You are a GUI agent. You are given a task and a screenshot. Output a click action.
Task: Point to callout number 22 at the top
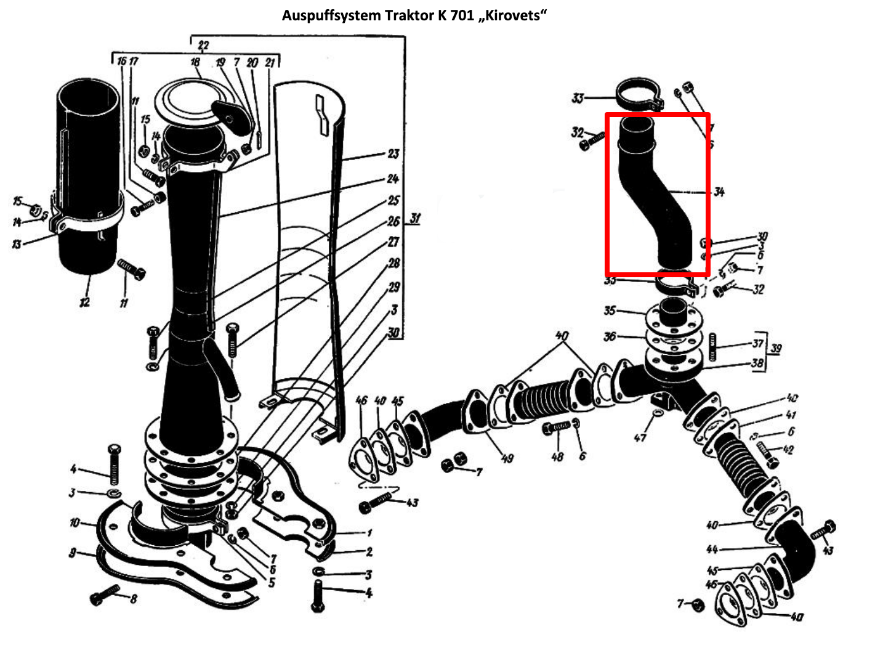(203, 45)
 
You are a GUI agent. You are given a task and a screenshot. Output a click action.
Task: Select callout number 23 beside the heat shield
(393, 153)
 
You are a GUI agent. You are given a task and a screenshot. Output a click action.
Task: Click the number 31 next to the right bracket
(416, 219)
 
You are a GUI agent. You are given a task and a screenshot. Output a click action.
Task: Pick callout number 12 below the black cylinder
(84, 302)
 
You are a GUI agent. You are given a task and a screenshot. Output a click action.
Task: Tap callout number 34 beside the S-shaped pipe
(718, 192)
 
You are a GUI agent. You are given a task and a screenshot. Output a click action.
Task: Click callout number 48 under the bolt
(557, 456)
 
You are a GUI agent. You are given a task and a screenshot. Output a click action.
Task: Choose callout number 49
(507, 458)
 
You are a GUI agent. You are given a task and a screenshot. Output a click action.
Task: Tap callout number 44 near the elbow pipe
(712, 549)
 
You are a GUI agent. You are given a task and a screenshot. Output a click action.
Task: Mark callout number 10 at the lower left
(75, 523)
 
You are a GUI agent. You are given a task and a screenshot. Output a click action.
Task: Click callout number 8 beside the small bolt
(133, 598)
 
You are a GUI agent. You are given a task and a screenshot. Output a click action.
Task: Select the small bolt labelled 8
(105, 595)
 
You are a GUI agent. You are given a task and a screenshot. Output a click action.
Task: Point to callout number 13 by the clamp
(17, 245)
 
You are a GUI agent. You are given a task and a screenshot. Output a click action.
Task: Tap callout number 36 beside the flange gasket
(610, 336)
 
